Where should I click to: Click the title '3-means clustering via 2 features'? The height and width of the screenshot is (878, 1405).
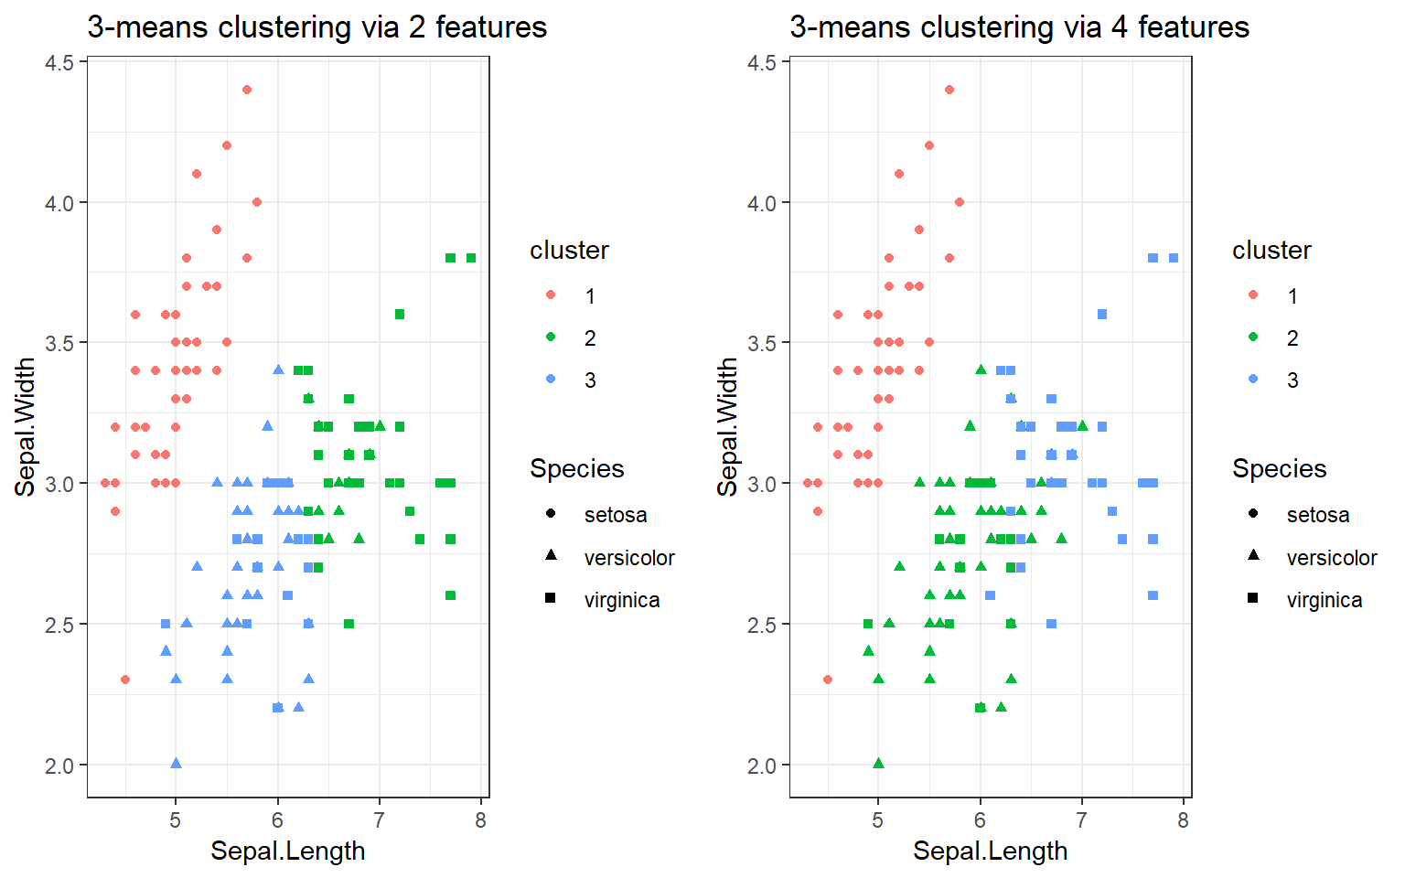[x=316, y=27]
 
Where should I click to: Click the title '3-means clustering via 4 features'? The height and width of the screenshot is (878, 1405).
[x=1019, y=27]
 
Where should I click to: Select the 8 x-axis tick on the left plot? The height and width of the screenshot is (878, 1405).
[x=481, y=820]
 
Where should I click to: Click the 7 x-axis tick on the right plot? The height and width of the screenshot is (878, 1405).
[x=1082, y=820]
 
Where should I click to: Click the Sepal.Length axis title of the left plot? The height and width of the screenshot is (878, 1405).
[x=287, y=851]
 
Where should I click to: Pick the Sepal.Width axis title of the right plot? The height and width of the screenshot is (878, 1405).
[x=727, y=427]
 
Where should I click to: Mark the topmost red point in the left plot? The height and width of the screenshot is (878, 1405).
[x=247, y=90]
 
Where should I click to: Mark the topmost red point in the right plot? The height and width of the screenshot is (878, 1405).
[x=949, y=90]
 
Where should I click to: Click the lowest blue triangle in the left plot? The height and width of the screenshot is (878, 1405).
[x=176, y=764]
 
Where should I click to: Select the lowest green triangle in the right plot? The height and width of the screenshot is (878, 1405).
[x=878, y=764]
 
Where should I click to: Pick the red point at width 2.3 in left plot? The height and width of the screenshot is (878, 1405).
[x=125, y=680]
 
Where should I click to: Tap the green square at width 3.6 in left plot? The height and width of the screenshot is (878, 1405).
[x=400, y=315]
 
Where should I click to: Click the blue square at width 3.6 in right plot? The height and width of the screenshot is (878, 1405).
[x=1102, y=315]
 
